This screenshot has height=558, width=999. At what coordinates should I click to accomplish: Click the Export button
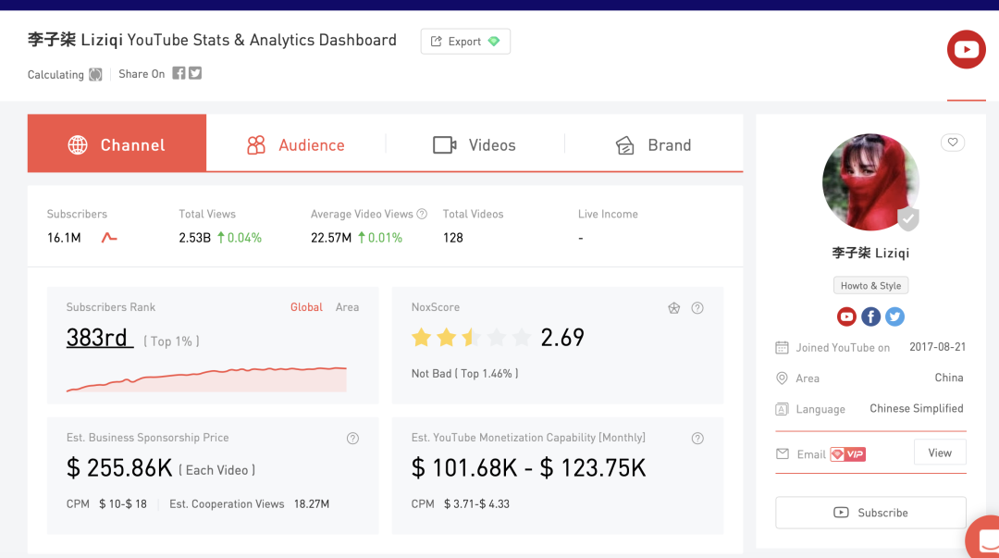[x=465, y=42]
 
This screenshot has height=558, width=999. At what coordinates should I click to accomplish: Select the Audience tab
[x=296, y=144]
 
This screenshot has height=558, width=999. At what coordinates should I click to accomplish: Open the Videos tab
[x=475, y=144]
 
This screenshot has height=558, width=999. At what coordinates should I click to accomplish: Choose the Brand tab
[x=654, y=144]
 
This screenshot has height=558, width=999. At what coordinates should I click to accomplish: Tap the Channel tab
[x=117, y=143]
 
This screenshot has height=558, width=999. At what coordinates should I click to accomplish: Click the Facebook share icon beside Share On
[x=179, y=73]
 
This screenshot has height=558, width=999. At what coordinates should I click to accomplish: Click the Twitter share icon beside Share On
[x=195, y=73]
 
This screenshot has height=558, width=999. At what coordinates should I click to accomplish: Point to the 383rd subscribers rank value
[x=99, y=338]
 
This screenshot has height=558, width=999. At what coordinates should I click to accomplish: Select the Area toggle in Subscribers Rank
[x=347, y=307]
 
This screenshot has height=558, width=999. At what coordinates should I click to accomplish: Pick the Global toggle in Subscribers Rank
[x=306, y=307]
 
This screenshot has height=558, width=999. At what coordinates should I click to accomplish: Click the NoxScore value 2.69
[x=562, y=338]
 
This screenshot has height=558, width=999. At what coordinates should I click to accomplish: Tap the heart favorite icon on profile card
[x=953, y=143]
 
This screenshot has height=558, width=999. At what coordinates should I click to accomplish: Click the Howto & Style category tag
[x=871, y=286]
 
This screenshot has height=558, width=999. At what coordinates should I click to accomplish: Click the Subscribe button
[x=871, y=513]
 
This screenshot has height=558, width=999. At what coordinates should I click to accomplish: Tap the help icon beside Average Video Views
[x=422, y=215]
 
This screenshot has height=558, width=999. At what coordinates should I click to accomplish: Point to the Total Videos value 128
[x=453, y=238]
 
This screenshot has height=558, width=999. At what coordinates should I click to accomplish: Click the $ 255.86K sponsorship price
[x=119, y=468]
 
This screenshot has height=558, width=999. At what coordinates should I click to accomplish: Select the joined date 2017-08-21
[x=937, y=347]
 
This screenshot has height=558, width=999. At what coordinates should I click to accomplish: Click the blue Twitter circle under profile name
[x=894, y=316]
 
